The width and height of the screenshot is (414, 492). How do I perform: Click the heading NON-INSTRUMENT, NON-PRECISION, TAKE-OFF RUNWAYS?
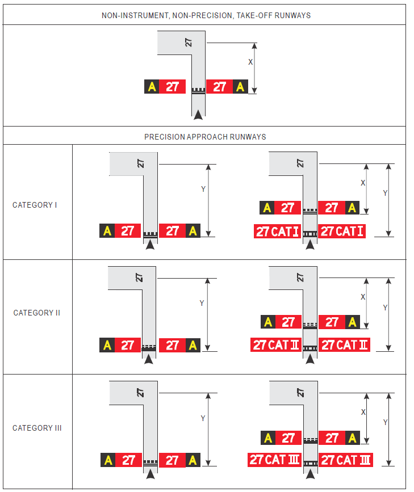(206, 15)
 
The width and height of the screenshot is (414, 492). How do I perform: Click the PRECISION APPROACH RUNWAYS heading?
(205, 137)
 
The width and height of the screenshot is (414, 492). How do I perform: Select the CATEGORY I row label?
(35, 205)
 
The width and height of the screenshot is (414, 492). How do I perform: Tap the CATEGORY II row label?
(36, 313)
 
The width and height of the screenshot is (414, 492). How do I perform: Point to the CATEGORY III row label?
(37, 428)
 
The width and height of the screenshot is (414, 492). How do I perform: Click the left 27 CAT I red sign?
(277, 232)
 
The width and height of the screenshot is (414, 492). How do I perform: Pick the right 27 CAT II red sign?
(344, 345)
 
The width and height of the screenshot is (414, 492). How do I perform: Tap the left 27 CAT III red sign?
(274, 460)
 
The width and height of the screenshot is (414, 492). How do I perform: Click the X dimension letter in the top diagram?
(250, 62)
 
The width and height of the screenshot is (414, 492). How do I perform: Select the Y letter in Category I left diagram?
(203, 189)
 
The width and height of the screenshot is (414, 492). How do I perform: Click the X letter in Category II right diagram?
(363, 297)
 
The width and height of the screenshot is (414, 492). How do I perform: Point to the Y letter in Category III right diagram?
(386, 422)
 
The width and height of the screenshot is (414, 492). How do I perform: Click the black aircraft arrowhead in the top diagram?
(198, 115)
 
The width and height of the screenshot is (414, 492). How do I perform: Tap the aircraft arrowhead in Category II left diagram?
(149, 359)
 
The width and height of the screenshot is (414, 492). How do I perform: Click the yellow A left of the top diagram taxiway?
(152, 87)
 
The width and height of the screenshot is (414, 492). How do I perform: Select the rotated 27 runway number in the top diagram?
(188, 43)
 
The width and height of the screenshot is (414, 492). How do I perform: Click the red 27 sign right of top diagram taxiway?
(220, 87)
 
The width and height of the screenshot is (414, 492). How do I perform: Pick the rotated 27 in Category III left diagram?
(140, 393)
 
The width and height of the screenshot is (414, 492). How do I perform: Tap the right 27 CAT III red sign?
(346, 460)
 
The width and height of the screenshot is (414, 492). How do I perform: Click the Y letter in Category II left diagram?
(202, 304)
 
